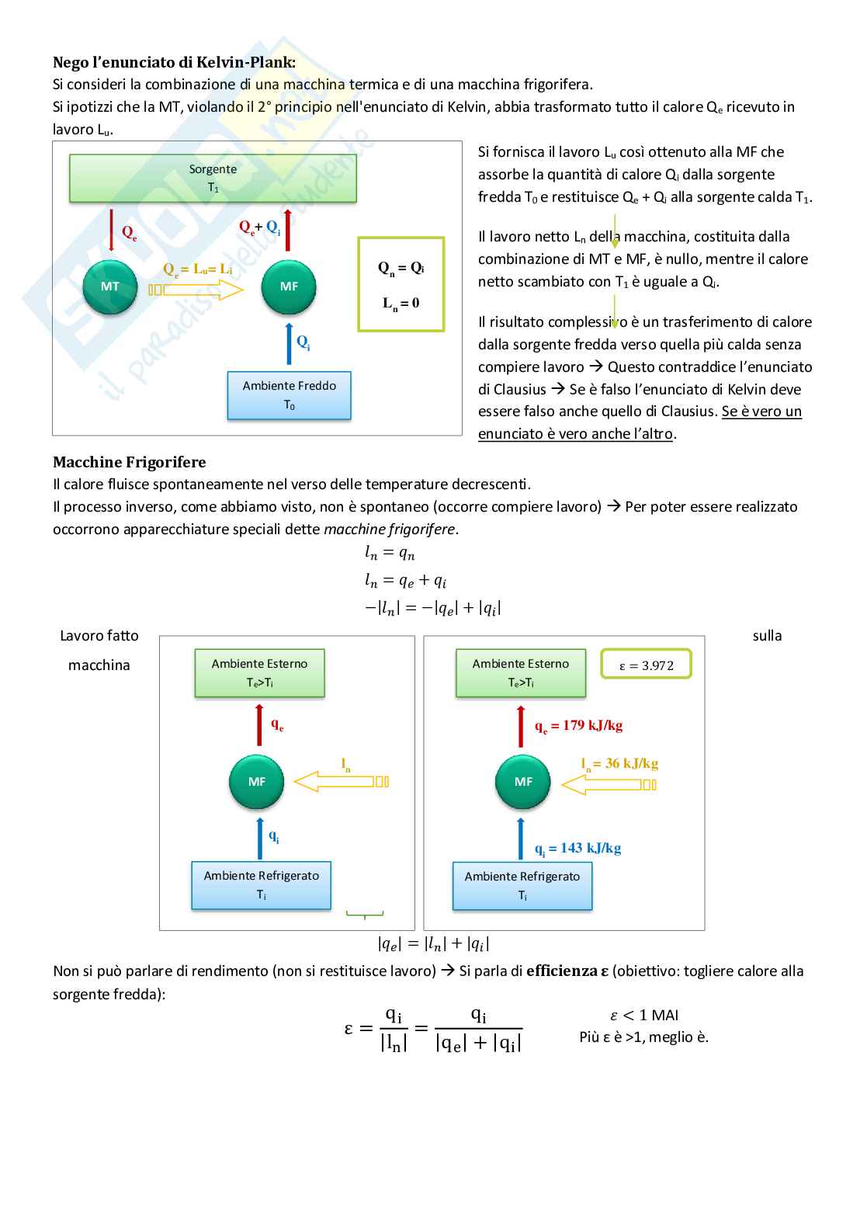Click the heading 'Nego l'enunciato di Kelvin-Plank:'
coord(174,62)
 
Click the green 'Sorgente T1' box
coord(213,179)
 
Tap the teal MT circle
coord(110,287)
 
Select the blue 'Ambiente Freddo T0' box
coord(289,395)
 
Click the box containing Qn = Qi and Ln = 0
coord(401,284)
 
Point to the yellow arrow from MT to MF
coord(196,290)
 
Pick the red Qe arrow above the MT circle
coord(112,230)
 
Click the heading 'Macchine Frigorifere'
coord(129,462)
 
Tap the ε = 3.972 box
coord(646,665)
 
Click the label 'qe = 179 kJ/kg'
coord(578,726)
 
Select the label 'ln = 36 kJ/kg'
coord(619,764)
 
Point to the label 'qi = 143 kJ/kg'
coord(577,849)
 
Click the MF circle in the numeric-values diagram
coord(523,782)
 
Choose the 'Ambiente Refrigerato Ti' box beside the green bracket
coord(261,885)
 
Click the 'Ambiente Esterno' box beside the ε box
coord(520,672)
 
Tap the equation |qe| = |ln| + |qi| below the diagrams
coord(433,944)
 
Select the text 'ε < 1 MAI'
coord(644,1016)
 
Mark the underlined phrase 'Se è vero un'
coord(761,412)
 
